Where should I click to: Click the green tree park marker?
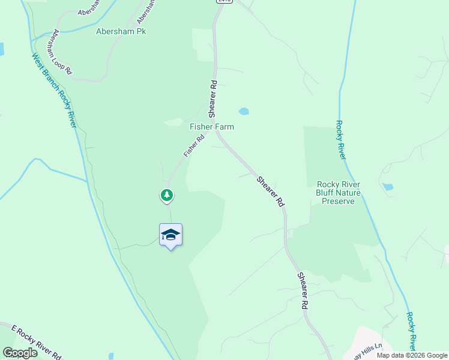tap(167, 195)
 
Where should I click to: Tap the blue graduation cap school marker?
tap(170, 235)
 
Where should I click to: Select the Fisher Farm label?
tap(211, 127)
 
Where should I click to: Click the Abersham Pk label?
tap(121, 31)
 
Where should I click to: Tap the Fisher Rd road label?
tap(194, 145)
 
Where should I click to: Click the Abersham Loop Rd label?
tap(62, 52)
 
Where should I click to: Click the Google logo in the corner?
tap(20, 353)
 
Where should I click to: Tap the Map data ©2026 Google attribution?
tap(412, 355)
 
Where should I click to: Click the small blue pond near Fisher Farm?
tap(243, 111)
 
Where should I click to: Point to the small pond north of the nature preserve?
tap(388, 187)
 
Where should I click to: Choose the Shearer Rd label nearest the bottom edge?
tap(304, 290)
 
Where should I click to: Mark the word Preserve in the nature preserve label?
tap(339, 201)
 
